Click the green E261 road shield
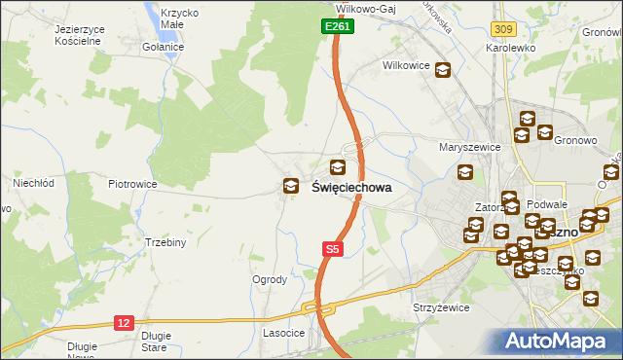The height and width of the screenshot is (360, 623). pos(337,27)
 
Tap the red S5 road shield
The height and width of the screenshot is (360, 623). pos(333,249)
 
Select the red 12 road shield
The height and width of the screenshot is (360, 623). pos(124,322)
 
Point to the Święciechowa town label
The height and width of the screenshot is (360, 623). pos(351,187)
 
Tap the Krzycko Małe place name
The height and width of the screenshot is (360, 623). pos(180,18)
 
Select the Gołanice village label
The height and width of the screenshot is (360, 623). pos(163,47)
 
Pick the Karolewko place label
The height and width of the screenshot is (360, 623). pos(513,46)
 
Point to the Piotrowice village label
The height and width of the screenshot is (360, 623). pos(132,183)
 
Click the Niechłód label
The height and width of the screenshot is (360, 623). pos(32,182)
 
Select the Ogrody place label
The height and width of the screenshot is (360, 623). pos(270,279)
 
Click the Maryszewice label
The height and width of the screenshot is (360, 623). pos(469,147)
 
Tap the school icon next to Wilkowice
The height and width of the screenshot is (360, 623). pos(443,70)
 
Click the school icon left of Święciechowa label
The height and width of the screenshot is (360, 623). pos(290,187)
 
